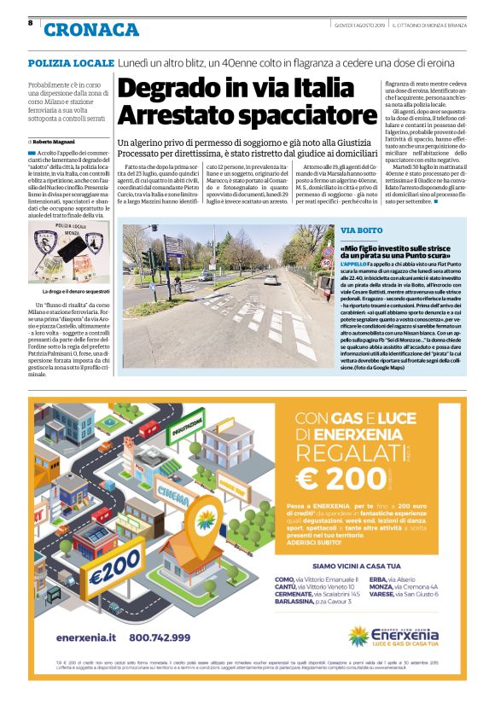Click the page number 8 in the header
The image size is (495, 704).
pyautogui.click(x=31, y=22)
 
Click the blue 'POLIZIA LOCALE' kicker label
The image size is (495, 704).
pyautogui.click(x=71, y=64)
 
